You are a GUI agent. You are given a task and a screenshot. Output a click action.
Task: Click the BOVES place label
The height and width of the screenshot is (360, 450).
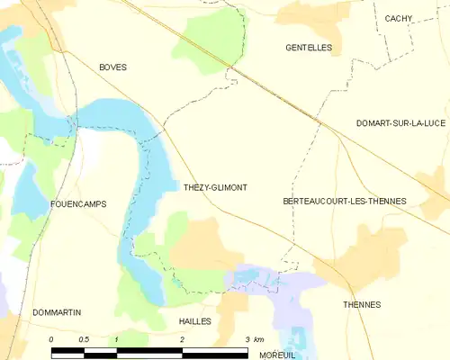coord(112,67)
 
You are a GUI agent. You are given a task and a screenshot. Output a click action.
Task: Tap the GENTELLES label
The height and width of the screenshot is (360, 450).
coord(308,47)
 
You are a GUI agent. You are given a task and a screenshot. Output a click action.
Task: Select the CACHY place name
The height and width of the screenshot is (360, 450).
coord(398,18)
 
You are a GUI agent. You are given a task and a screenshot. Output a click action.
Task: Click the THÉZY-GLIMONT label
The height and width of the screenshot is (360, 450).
coord(215,187)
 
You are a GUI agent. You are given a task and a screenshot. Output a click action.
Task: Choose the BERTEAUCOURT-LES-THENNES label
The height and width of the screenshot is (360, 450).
coord(344,201)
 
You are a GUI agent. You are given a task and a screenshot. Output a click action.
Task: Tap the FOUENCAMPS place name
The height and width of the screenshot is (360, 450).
coord(79,204)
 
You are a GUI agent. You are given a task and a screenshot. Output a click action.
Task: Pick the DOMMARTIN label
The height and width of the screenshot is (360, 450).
coord(57,312)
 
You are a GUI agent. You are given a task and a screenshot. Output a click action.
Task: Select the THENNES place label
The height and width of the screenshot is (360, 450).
coord(362,305)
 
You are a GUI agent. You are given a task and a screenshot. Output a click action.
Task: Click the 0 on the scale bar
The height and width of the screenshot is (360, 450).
coord(51,339)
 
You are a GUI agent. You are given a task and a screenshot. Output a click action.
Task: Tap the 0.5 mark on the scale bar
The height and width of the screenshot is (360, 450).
coord(84,339)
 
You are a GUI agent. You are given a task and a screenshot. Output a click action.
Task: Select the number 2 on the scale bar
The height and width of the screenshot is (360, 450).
coord(182,339)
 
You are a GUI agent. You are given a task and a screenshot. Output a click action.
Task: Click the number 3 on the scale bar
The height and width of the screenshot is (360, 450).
coord(247,339)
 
